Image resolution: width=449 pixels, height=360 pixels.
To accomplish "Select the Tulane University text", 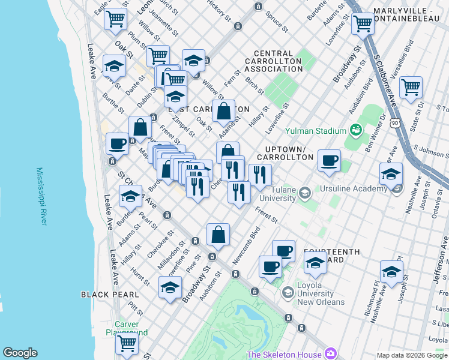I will [x=277, y=194].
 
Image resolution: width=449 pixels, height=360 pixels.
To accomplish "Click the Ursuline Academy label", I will [x=354, y=189].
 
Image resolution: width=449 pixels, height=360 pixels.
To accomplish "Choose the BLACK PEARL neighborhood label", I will [x=110, y=295].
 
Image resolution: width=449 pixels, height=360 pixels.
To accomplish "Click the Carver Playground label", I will [x=127, y=328].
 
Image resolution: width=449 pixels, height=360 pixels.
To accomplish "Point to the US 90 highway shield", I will [x=393, y=122].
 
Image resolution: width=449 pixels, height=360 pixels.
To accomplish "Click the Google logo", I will [x=20, y=353].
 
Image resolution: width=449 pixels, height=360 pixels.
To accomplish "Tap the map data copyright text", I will [x=412, y=355].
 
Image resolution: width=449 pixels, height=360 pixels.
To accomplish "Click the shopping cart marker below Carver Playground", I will [x=127, y=343].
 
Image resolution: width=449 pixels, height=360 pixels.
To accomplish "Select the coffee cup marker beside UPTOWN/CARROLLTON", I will [x=329, y=161].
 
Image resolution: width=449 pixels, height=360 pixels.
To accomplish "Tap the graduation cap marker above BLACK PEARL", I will [x=170, y=287].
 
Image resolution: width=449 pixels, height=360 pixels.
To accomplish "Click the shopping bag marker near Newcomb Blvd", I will [x=218, y=235].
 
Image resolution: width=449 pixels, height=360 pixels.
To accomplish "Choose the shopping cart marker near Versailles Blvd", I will [x=411, y=87].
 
